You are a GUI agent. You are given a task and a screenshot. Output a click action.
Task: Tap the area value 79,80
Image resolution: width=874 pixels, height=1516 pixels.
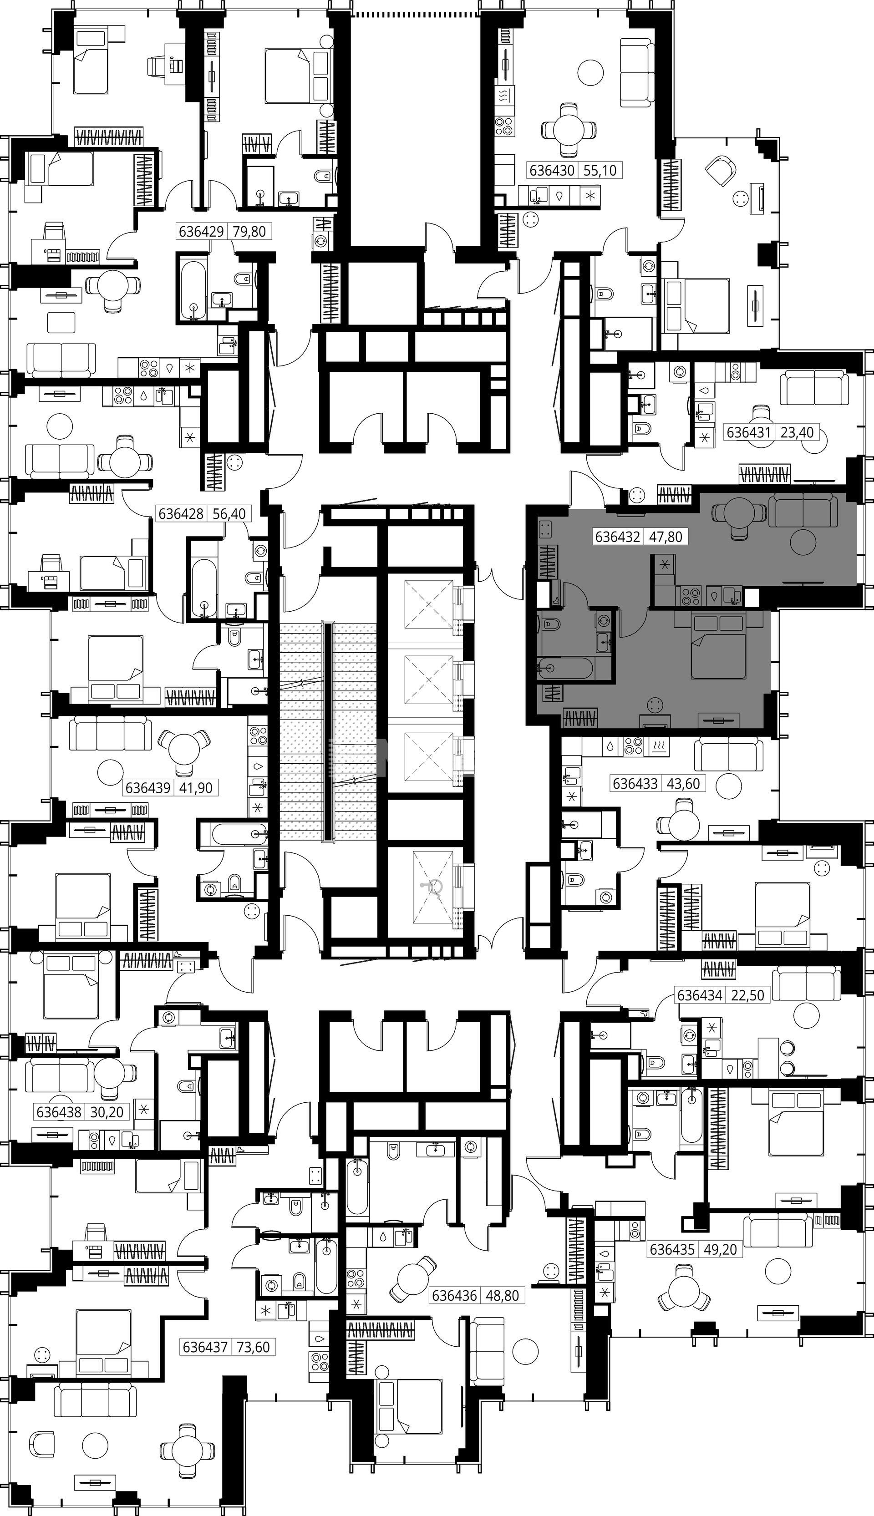tap(249, 231)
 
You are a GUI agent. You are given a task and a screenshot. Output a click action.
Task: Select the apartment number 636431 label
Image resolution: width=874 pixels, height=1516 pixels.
tap(748, 431)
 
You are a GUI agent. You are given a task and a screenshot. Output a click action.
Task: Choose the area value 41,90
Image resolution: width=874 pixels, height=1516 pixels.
tap(196, 787)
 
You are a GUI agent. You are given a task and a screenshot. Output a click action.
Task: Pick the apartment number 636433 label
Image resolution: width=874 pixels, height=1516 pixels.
tap(635, 783)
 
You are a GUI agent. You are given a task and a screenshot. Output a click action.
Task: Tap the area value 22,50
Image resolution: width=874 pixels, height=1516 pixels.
tap(748, 995)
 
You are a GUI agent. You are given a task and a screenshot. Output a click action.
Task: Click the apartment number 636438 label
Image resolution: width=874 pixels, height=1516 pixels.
tap(59, 1112)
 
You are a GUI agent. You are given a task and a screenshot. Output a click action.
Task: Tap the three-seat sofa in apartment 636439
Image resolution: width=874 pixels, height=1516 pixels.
tap(107, 733)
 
